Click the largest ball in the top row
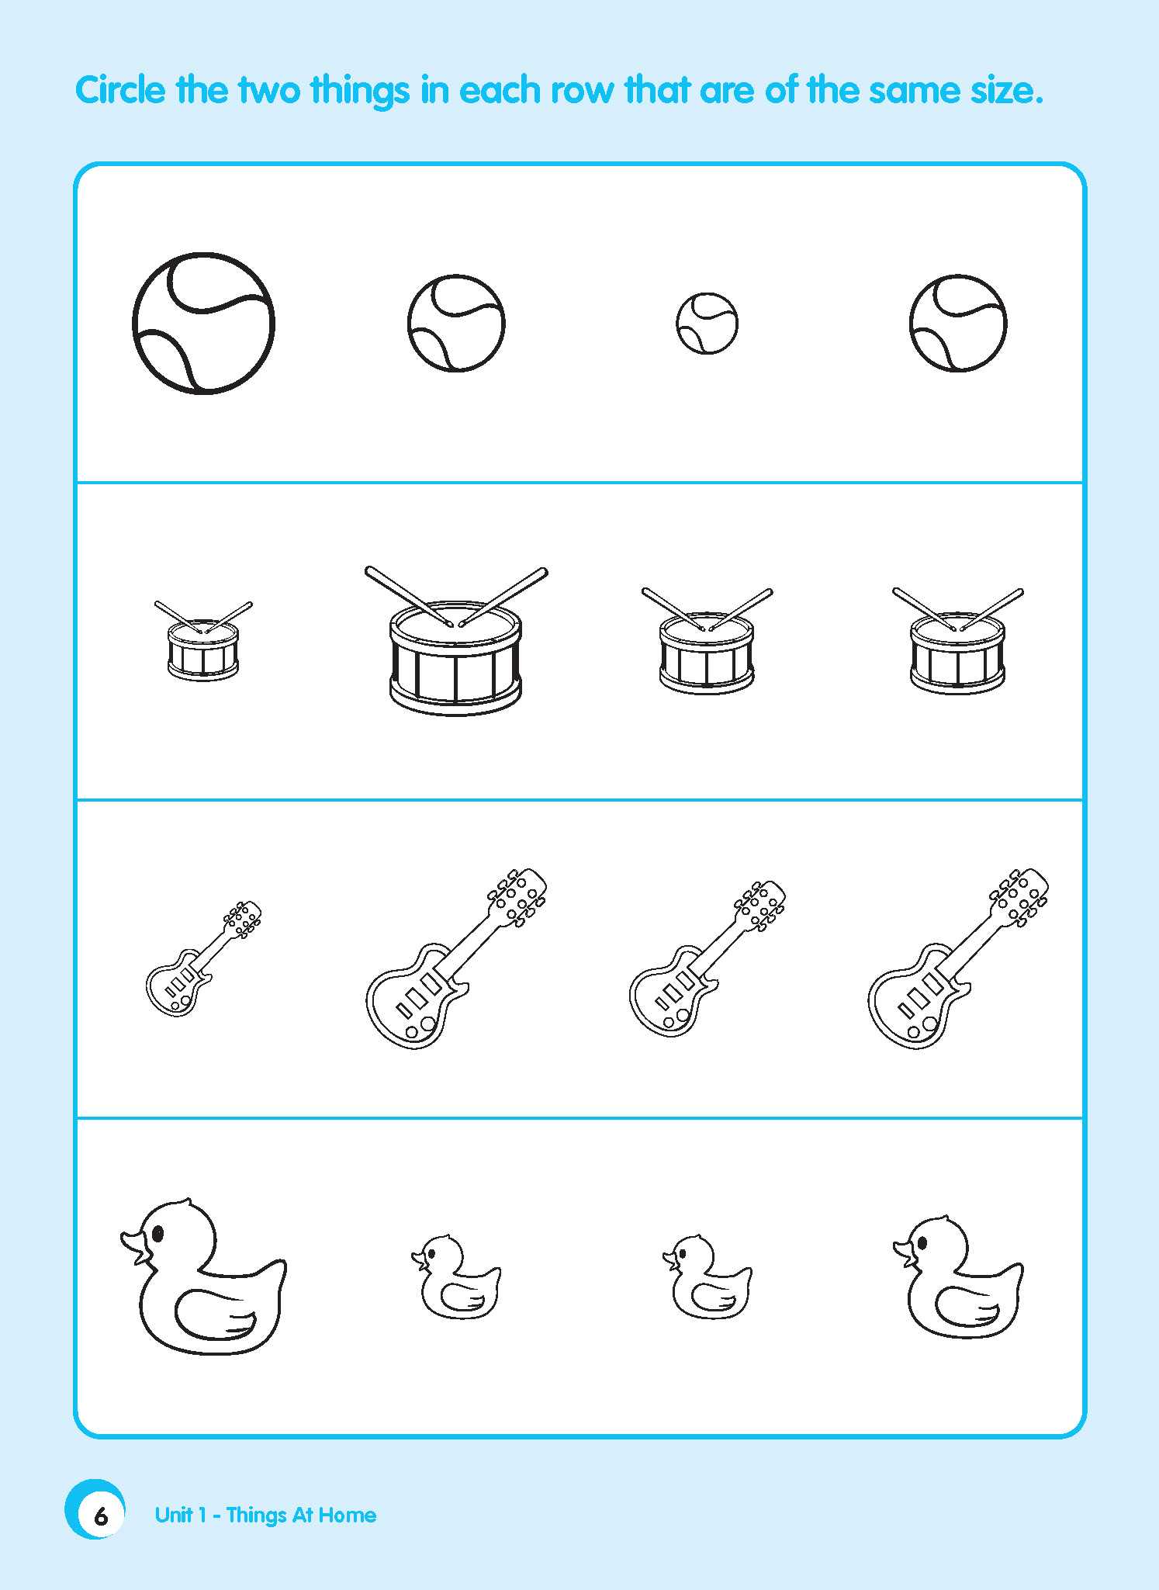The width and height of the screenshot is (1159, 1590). tap(203, 323)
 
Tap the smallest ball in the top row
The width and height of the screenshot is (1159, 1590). tap(707, 324)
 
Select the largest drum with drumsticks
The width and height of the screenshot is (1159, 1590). tap(455, 656)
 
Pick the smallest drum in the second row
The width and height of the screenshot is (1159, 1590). tap(203, 650)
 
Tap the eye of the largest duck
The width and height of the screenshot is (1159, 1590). tap(159, 1232)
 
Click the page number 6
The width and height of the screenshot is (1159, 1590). tap(100, 1516)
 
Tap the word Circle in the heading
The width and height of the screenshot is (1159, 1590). tap(120, 91)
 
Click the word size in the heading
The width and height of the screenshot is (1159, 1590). tap(1005, 91)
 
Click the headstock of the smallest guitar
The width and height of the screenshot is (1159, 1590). tap(244, 919)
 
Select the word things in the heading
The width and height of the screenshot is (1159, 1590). tap(360, 91)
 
